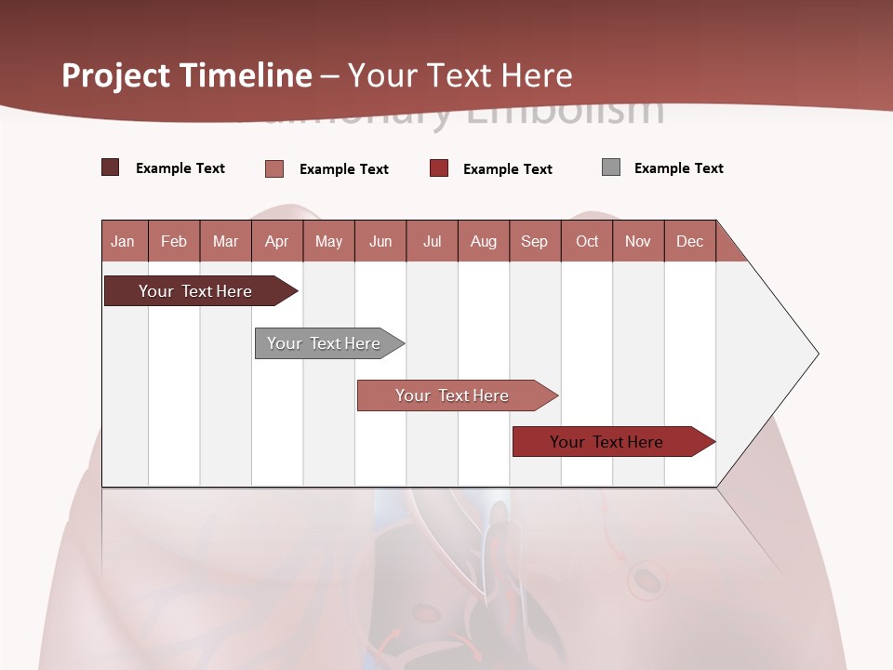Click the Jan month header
tap(123, 241)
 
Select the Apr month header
tap(276, 241)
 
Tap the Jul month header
tap(432, 241)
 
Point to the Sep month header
tap(534, 241)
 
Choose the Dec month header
tap(689, 241)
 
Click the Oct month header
tap(587, 241)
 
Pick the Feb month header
tap(174, 241)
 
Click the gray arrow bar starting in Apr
tap(326, 343)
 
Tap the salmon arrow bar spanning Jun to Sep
tap(454, 395)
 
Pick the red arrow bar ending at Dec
tap(609, 442)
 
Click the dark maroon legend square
tap(111, 167)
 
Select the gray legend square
tap(611, 167)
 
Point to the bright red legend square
tap(439, 168)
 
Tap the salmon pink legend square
tap(274, 168)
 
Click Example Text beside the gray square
tap(678, 168)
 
